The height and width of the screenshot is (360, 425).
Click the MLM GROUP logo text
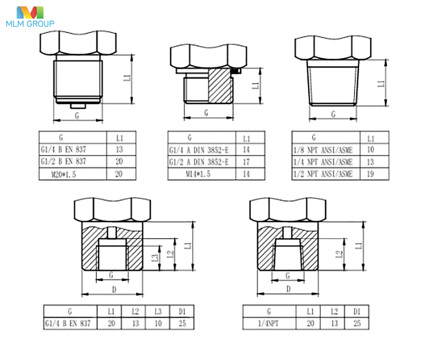(30, 24)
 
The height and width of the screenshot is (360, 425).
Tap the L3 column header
(158, 311)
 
